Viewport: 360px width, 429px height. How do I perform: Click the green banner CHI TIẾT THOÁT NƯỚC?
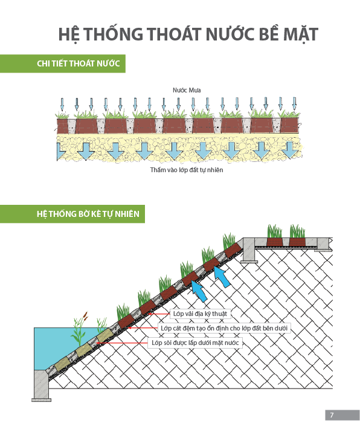(x=63, y=63)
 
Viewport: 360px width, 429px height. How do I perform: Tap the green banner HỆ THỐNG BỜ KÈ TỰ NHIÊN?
(x=72, y=214)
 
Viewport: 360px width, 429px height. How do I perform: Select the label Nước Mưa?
(x=187, y=90)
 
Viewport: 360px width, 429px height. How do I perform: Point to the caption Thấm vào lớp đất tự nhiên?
(x=187, y=170)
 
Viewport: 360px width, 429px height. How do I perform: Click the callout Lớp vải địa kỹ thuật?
(x=200, y=314)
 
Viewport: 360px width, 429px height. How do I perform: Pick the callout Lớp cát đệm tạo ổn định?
(x=224, y=327)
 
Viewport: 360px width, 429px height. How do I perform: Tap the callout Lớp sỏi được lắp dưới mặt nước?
(x=195, y=343)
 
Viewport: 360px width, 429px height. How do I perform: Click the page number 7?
(x=332, y=415)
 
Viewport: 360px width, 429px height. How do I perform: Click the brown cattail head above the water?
(x=86, y=315)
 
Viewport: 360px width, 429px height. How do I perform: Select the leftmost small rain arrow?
(x=62, y=105)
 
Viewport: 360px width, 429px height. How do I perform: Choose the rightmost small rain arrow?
(x=294, y=103)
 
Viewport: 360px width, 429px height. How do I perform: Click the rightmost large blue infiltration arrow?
(x=290, y=150)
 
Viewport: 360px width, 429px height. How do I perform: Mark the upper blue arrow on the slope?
(x=222, y=276)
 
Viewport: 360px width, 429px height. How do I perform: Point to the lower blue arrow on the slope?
(x=199, y=291)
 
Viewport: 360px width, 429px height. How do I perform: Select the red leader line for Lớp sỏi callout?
(x=122, y=343)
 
